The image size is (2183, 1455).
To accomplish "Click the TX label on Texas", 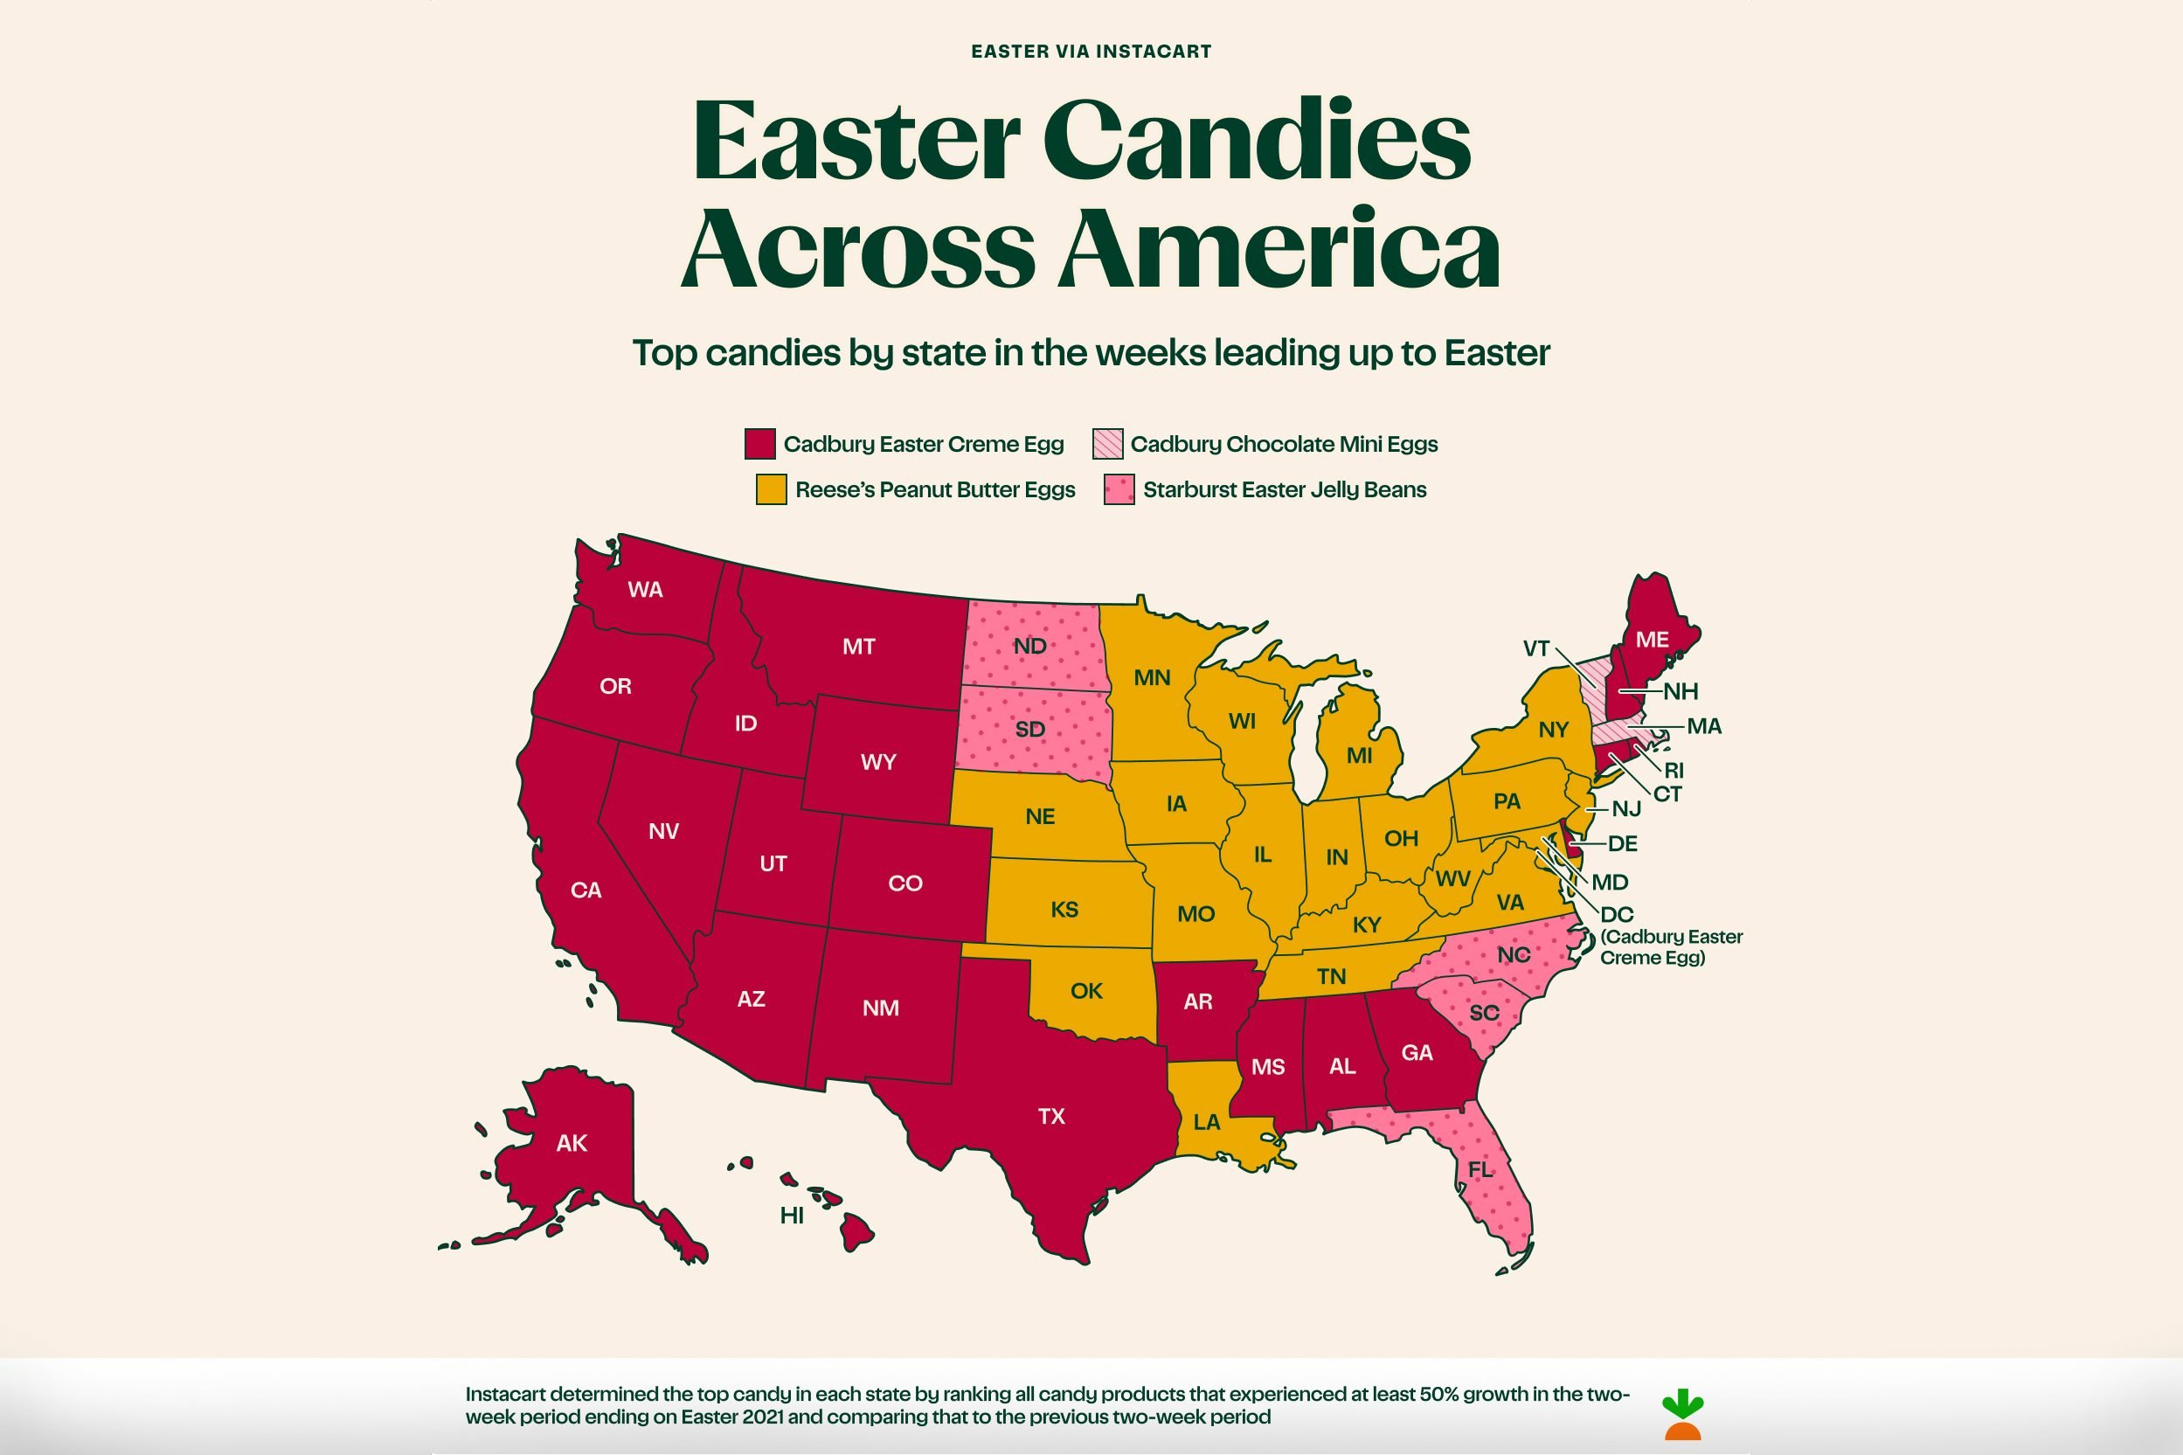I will pyautogui.click(x=1051, y=1116).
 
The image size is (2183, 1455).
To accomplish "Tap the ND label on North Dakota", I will pyautogui.click(x=1029, y=646).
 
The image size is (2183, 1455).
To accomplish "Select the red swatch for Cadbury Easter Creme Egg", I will pyautogui.click(x=759, y=444).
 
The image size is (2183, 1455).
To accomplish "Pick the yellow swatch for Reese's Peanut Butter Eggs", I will pyautogui.click(x=771, y=490).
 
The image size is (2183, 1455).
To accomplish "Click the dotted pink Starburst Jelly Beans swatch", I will pyautogui.click(x=1119, y=490).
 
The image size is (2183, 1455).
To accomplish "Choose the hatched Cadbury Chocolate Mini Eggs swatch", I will pyautogui.click(x=1108, y=444).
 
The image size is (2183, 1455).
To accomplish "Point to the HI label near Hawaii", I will pyautogui.click(x=792, y=1216).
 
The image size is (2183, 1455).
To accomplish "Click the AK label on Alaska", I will pyautogui.click(x=572, y=1143).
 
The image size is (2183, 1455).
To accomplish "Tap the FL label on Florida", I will pyautogui.click(x=1480, y=1170).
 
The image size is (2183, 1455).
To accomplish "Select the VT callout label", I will pyautogui.click(x=1535, y=648).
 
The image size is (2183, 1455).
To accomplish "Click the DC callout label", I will pyautogui.click(x=1616, y=915).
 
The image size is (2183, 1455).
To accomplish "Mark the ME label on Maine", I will pyautogui.click(x=1652, y=640).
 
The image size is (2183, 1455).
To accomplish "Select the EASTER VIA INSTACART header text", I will pyautogui.click(x=1091, y=52).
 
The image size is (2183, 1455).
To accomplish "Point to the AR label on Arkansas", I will pyautogui.click(x=1198, y=1001).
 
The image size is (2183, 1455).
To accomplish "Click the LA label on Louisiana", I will pyautogui.click(x=1206, y=1123).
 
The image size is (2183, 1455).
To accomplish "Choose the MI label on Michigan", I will pyautogui.click(x=1359, y=755).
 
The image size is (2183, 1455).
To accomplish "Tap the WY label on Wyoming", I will pyautogui.click(x=877, y=763).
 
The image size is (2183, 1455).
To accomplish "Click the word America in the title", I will pyautogui.click(x=1279, y=248).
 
